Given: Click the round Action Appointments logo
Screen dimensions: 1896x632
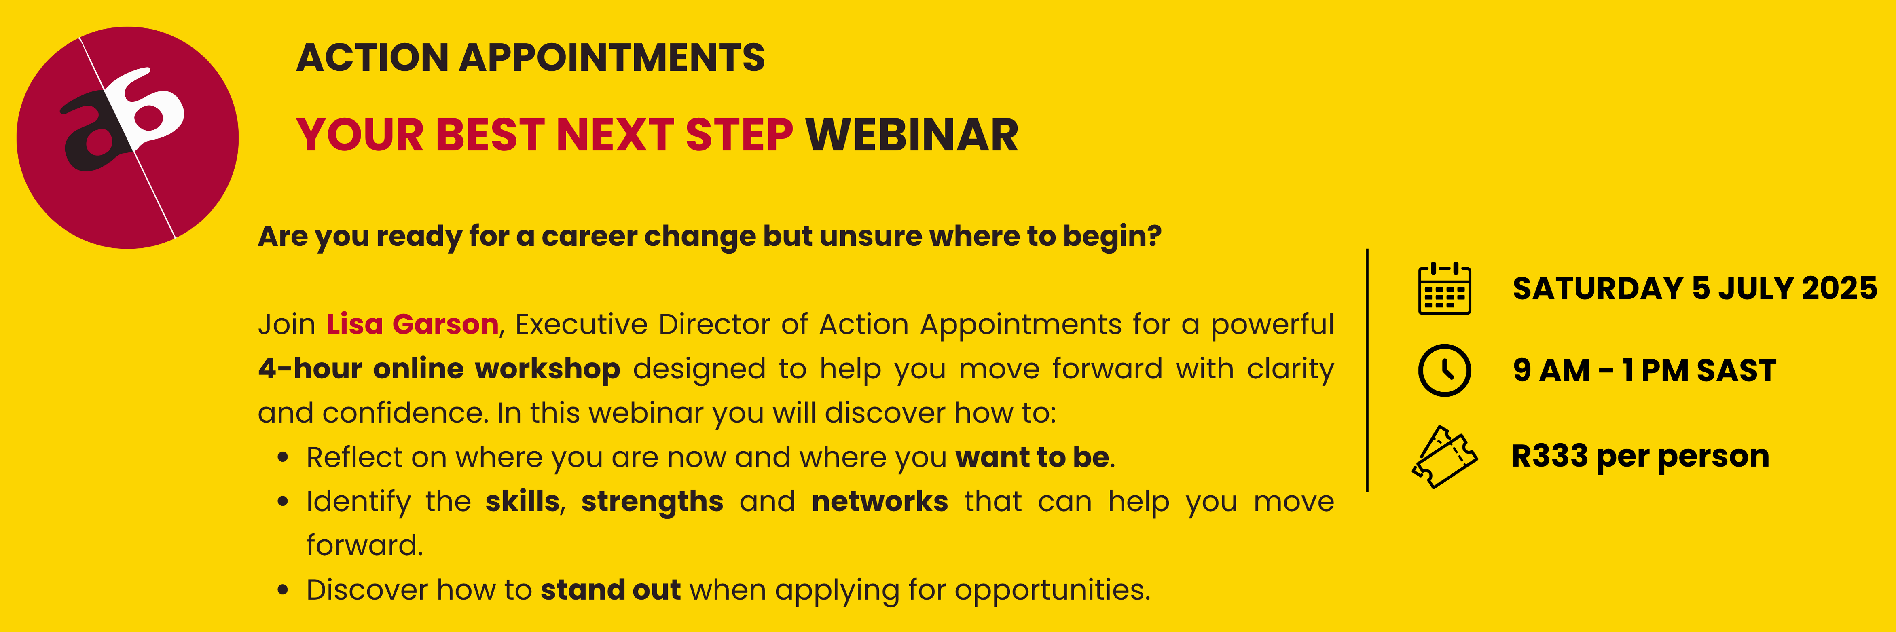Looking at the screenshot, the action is pyautogui.click(x=127, y=137).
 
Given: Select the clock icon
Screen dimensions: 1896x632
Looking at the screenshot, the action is pyautogui.click(x=1444, y=370).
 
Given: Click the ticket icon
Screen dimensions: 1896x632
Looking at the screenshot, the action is pyautogui.click(x=1444, y=457).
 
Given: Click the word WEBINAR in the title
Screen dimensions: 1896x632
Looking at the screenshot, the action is pyautogui.click(x=912, y=135).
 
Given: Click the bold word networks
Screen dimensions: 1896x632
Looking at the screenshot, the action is pyautogui.click(x=880, y=502).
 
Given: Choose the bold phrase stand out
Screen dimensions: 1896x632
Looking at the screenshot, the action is pyautogui.click(x=611, y=590).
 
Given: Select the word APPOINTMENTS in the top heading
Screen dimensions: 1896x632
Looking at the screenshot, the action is pyautogui.click(x=612, y=57).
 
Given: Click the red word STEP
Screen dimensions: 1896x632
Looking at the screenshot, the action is pyautogui.click(x=739, y=135).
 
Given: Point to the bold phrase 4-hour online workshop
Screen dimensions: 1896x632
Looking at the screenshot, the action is pyautogui.click(x=439, y=369).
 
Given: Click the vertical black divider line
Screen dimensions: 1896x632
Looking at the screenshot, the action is pyautogui.click(x=1367, y=370).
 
